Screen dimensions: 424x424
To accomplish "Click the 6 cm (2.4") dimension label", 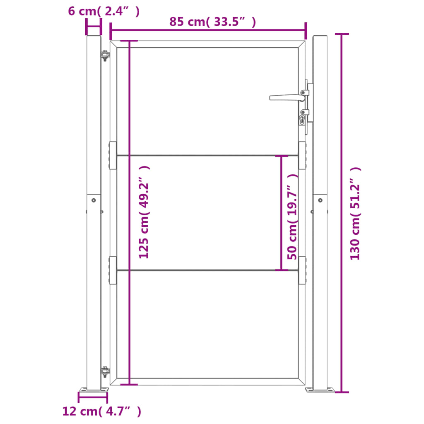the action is [104, 11].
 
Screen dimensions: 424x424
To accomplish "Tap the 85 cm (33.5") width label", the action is [212, 22].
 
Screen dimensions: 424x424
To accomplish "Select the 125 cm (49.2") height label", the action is [144, 212].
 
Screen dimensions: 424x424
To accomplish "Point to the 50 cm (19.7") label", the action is [292, 217].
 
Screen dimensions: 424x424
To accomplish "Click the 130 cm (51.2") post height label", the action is [355, 214].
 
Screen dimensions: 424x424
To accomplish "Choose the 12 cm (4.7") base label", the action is [102, 411].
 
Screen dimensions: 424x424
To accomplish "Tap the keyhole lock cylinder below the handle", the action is [302, 120].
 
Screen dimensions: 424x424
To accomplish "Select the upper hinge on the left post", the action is [105, 55].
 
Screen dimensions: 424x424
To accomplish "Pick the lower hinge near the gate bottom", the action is [105, 372].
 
